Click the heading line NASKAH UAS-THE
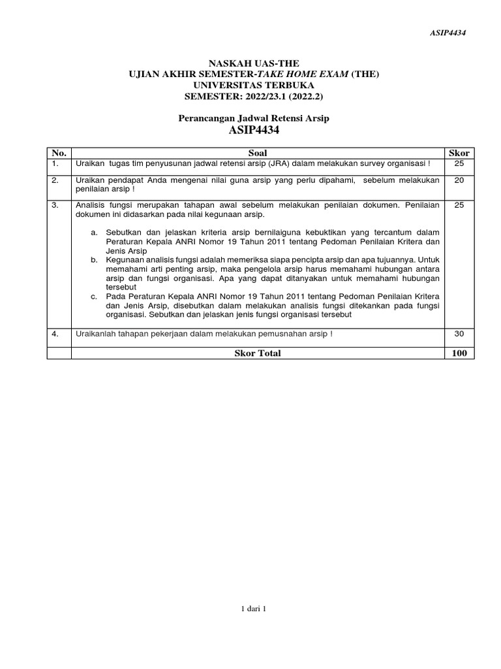(x=254, y=63)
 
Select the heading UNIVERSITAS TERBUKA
(x=254, y=85)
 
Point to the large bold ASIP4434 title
(x=254, y=131)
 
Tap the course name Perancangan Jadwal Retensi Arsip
(x=254, y=118)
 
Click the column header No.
(x=59, y=153)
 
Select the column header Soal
(x=258, y=153)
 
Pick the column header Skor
(x=459, y=153)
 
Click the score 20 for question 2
(x=459, y=180)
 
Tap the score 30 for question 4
(x=459, y=334)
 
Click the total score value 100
(x=459, y=353)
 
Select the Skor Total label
(x=258, y=353)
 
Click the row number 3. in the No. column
(x=55, y=205)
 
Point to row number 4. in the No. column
(x=55, y=334)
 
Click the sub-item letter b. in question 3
(x=95, y=259)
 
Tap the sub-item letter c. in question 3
(x=95, y=296)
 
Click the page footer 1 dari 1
(x=254, y=609)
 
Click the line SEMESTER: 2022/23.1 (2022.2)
(x=254, y=96)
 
